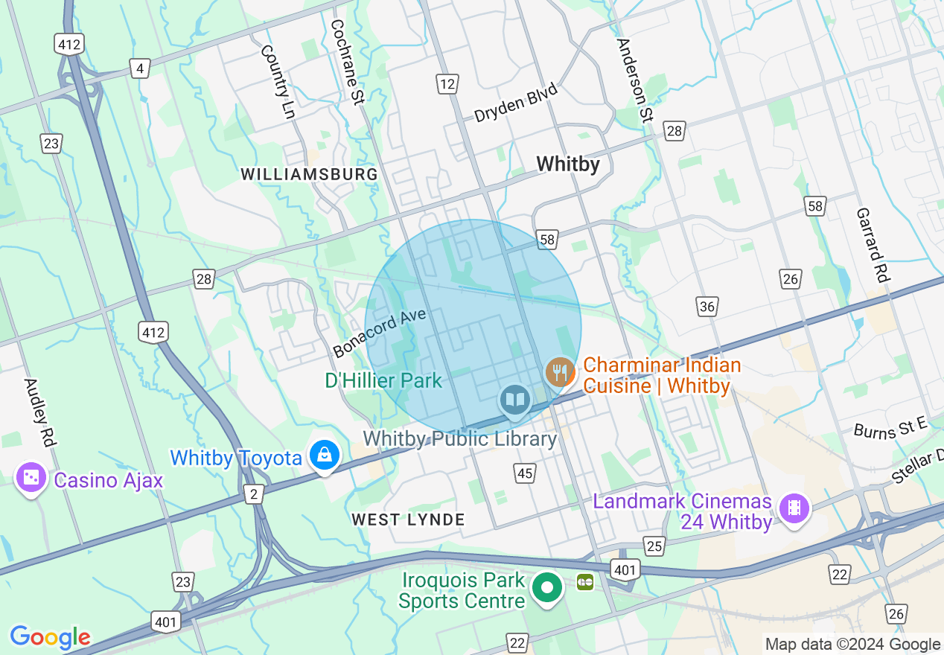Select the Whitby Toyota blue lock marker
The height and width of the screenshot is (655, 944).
point(325,455)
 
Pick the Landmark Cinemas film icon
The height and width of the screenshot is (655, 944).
point(794,509)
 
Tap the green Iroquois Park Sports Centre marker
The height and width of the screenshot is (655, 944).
point(548,588)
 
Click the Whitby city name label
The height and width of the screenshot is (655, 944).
point(568,164)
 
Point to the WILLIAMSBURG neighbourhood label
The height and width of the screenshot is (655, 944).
point(309,174)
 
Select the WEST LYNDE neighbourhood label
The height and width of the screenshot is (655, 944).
point(408,520)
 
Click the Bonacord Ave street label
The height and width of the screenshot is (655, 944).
point(380,333)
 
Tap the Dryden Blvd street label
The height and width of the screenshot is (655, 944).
point(516,103)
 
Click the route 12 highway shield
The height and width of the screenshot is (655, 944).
point(447,84)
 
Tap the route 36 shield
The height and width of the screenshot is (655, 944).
point(707,306)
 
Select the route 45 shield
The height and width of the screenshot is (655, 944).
point(524,473)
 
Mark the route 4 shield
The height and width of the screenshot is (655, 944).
point(139,69)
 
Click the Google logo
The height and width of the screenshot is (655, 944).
point(50,637)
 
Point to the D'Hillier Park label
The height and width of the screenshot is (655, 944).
point(383,381)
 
